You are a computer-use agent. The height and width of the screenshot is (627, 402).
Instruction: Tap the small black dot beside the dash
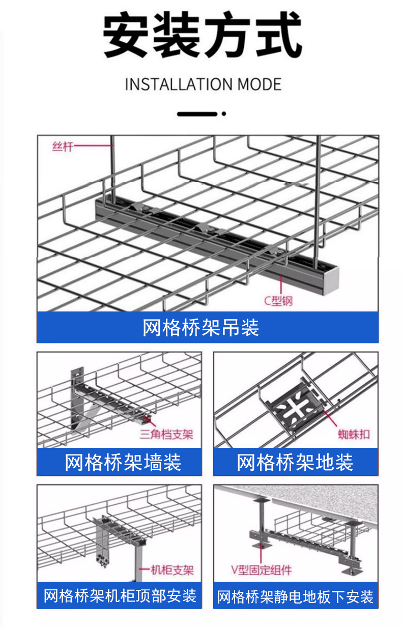pyautogui.click(x=222, y=113)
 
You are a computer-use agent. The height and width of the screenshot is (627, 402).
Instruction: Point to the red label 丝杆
pyautogui.click(x=63, y=147)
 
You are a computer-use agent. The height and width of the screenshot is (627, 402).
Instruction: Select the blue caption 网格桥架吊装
pyautogui.click(x=201, y=327)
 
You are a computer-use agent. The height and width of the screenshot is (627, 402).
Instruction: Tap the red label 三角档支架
pyautogui.click(x=166, y=434)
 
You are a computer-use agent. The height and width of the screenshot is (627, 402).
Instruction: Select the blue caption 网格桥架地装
pyautogui.click(x=295, y=462)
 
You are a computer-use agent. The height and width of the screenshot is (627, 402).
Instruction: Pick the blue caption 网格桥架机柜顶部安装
pyautogui.click(x=120, y=595)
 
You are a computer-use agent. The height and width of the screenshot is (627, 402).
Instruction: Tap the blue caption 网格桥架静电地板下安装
pyautogui.click(x=295, y=596)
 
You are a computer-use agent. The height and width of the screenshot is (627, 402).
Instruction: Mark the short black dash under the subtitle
pyautogui.click(x=196, y=113)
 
